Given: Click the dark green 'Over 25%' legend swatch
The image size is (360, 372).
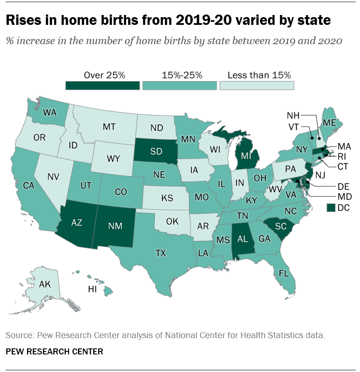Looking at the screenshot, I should (103, 85).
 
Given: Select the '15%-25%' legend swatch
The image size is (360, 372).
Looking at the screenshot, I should (180, 85).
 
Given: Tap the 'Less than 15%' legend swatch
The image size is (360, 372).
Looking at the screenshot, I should (257, 85).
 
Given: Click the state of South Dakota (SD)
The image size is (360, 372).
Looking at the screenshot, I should (156, 152).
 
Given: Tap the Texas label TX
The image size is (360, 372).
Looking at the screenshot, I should (160, 253).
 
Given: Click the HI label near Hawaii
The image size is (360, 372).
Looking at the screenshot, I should (92, 290).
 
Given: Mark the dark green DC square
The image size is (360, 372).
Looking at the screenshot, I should (331, 208).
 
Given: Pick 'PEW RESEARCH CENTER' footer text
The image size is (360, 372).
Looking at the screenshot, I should (54, 352).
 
